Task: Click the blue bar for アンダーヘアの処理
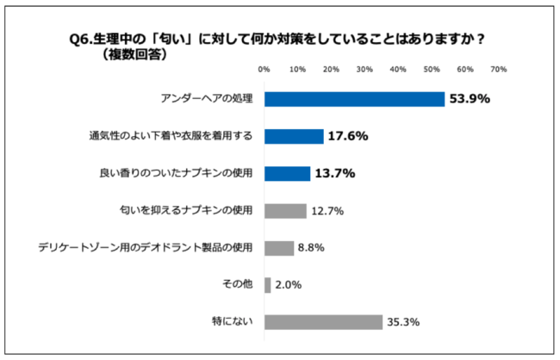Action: coord(354,99)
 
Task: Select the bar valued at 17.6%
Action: coord(294,136)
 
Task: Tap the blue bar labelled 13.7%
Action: coord(287,174)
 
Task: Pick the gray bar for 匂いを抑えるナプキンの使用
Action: coord(285,211)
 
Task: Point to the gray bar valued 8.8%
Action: coord(279,248)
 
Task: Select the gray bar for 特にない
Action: coord(323,322)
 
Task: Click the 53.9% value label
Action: coord(470,99)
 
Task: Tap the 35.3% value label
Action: coord(403,323)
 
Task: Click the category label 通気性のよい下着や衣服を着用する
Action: coord(171,136)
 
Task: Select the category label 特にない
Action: coord(233,322)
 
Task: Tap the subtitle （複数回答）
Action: coord(133,53)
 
